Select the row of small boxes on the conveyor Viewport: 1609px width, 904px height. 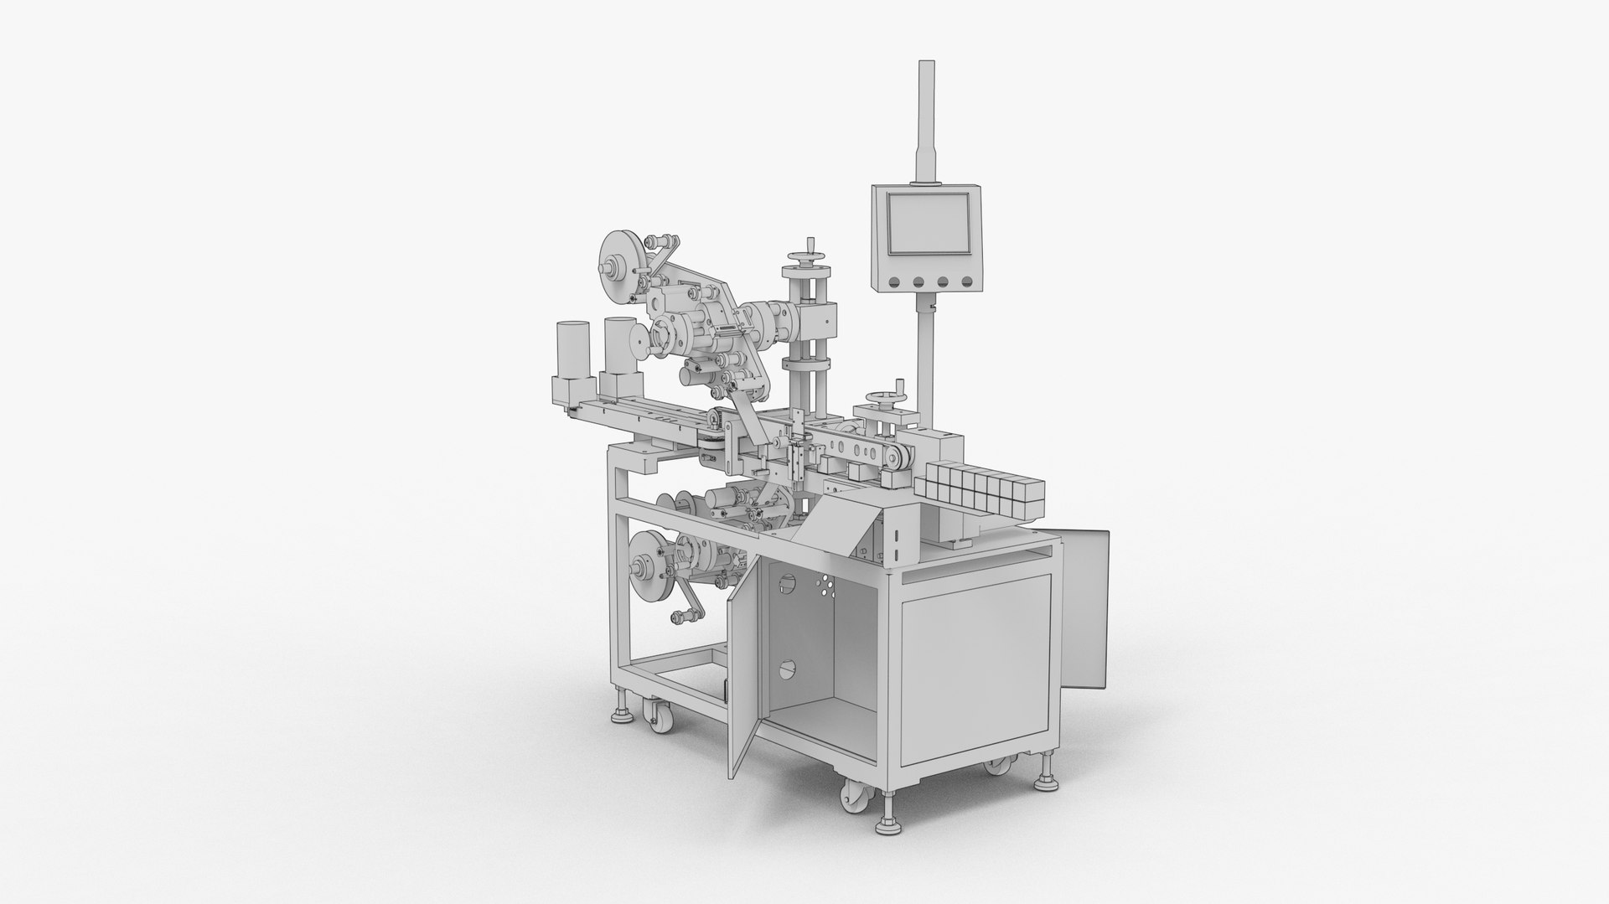point(978,496)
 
